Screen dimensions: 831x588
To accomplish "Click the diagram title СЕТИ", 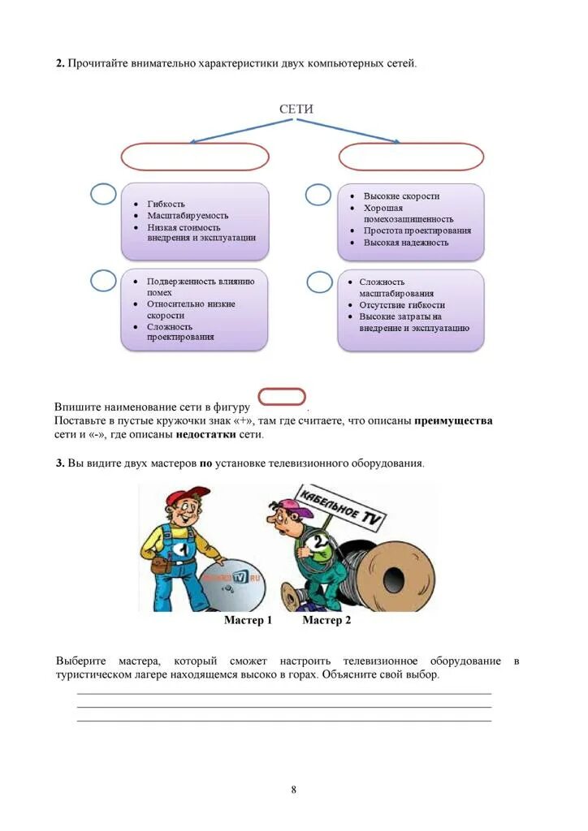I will [x=296, y=110].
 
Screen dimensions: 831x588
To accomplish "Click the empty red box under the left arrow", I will [x=195, y=157].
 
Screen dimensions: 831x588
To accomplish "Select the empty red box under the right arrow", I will [x=411, y=157].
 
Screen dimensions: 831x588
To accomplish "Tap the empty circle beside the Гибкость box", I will [x=103, y=195].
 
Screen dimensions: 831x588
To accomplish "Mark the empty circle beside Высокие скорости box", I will [x=318, y=195].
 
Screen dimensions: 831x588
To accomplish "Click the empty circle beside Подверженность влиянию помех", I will [x=103, y=280].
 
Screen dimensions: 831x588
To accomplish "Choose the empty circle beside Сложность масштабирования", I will [x=319, y=282].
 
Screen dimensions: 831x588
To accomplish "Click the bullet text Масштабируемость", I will [x=188, y=216].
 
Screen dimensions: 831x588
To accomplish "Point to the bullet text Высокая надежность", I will [x=406, y=243].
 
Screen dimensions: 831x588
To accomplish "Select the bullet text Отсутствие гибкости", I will [x=402, y=305].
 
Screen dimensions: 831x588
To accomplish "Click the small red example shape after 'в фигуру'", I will [x=281, y=398].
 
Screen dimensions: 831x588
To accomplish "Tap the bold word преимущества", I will [x=453, y=421].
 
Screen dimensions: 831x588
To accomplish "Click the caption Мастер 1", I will [x=248, y=621].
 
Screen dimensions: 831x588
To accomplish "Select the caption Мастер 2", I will [x=326, y=621].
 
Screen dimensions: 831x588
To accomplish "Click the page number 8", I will [x=294, y=790].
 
